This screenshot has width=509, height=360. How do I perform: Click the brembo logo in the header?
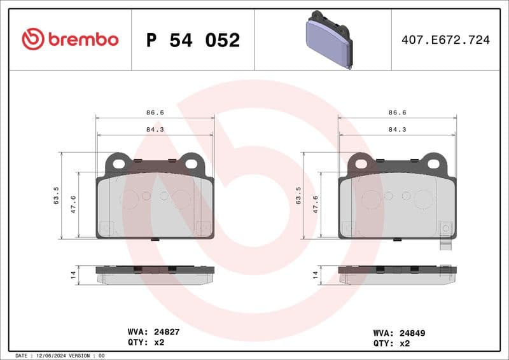click(x=70, y=39)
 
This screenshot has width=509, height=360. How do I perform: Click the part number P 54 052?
click(x=193, y=40)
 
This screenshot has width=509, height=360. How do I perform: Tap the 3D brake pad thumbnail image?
click(x=328, y=39)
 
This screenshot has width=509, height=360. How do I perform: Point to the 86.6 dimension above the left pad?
click(x=155, y=113)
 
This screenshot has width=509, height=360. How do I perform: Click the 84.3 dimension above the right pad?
click(x=398, y=129)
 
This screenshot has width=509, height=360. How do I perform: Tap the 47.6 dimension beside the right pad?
click(x=316, y=204)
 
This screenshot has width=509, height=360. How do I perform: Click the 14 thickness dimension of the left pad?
click(x=73, y=275)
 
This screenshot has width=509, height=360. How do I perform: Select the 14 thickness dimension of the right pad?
click(x=316, y=275)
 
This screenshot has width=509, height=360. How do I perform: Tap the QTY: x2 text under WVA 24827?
click(x=147, y=342)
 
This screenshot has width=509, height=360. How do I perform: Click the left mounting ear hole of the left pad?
click(x=118, y=163)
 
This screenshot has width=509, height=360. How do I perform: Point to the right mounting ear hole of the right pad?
click(x=433, y=163)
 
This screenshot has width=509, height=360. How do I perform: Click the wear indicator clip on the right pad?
click(x=446, y=246)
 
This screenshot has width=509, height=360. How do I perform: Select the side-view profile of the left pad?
click(x=155, y=275)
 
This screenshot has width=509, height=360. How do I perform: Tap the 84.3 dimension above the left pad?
click(x=155, y=129)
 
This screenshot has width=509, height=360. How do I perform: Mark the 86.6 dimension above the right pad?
click(x=398, y=113)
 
